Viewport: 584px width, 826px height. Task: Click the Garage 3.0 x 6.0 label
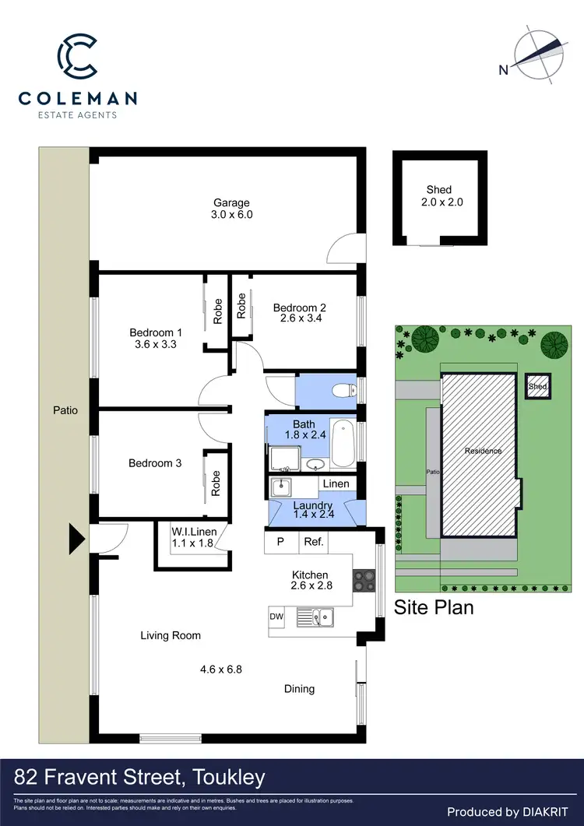tap(232, 209)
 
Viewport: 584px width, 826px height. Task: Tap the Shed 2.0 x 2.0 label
tap(438, 195)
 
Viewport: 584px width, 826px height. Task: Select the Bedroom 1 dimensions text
tap(156, 344)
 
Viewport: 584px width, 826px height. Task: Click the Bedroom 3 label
tap(155, 463)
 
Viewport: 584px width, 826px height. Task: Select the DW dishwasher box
tap(276, 617)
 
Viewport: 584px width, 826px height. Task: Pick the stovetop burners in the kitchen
tap(364, 581)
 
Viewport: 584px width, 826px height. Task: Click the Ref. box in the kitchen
tap(314, 542)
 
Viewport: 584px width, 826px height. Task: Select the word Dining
tap(299, 688)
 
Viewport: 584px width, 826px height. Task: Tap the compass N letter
tap(504, 70)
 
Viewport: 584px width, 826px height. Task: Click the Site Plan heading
tap(434, 607)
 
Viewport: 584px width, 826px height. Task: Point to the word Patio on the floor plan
tap(66, 409)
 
